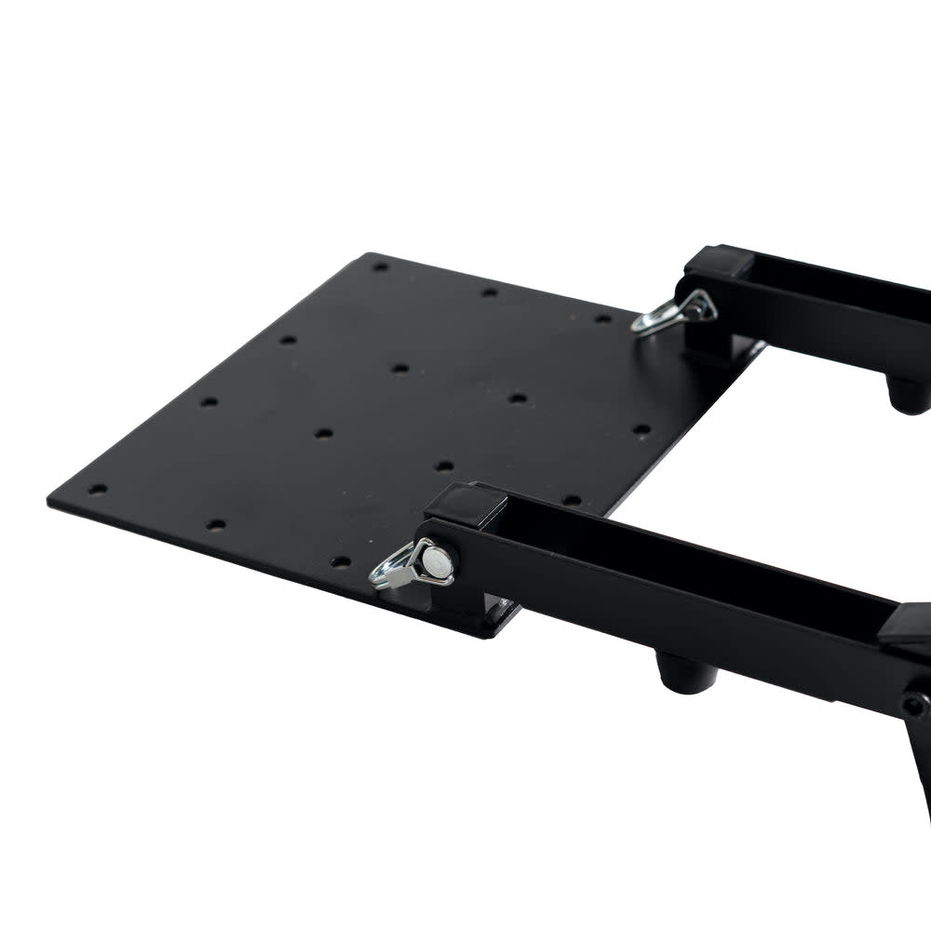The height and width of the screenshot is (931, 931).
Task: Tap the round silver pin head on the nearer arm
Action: click(437, 560)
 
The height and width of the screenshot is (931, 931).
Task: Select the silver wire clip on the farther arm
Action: click(672, 312)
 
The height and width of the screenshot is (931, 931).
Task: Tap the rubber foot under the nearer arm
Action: click(686, 672)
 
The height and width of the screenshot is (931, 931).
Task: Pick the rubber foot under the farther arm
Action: click(909, 395)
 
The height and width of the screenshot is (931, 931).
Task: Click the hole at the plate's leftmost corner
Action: click(97, 489)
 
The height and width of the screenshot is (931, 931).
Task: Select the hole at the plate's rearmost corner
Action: click(380, 267)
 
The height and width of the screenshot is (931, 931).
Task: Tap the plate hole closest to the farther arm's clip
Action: click(604, 318)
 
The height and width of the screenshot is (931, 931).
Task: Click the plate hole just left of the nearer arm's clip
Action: click(341, 561)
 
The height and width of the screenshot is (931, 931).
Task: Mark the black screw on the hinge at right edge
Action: click(914, 705)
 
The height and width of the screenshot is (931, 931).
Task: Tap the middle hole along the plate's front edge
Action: click(215, 524)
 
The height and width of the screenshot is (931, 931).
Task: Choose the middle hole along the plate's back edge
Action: click(490, 292)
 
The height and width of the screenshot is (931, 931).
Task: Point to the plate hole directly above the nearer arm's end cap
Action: click(444, 465)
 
